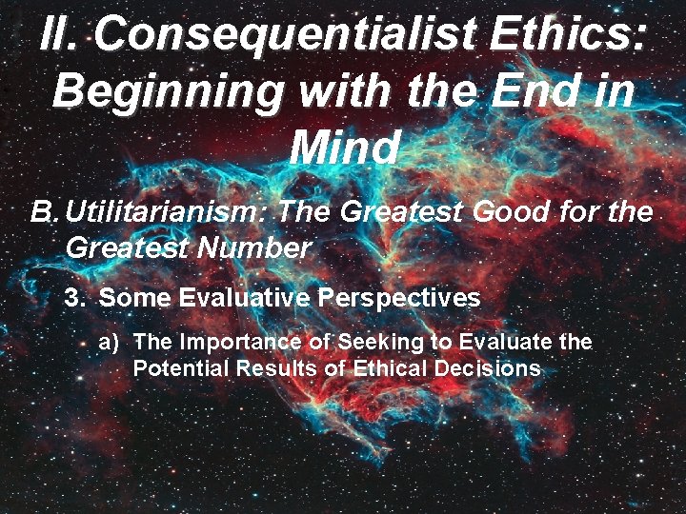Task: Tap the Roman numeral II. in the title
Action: pyautogui.click(x=62, y=34)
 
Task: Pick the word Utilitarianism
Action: pyautogui.click(x=161, y=211)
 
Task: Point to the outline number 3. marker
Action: pyautogui.click(x=75, y=298)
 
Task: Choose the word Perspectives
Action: pyautogui.click(x=399, y=298)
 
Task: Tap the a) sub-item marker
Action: pyautogui.click(x=109, y=342)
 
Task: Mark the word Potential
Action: pyautogui.click(x=175, y=368)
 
